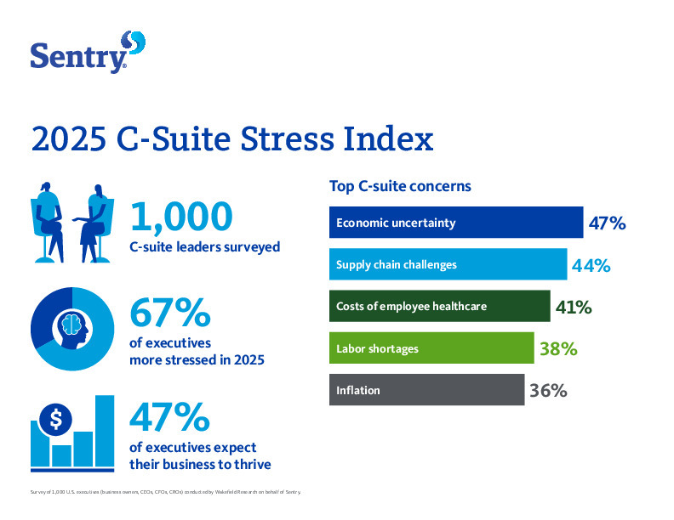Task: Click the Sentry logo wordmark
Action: [78, 57]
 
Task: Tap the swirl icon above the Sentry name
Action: [134, 42]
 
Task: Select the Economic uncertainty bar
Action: [455, 223]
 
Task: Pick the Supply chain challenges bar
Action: [448, 264]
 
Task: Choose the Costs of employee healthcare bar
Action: [439, 306]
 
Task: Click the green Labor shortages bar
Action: [431, 348]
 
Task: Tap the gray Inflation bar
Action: [426, 390]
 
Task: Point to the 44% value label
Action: [591, 265]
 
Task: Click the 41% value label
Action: [574, 307]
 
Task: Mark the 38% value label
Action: [558, 348]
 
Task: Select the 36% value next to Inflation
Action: [548, 391]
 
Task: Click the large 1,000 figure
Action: [180, 216]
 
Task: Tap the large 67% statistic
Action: [170, 314]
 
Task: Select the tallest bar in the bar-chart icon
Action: [105, 431]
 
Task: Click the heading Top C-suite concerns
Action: [400, 185]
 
